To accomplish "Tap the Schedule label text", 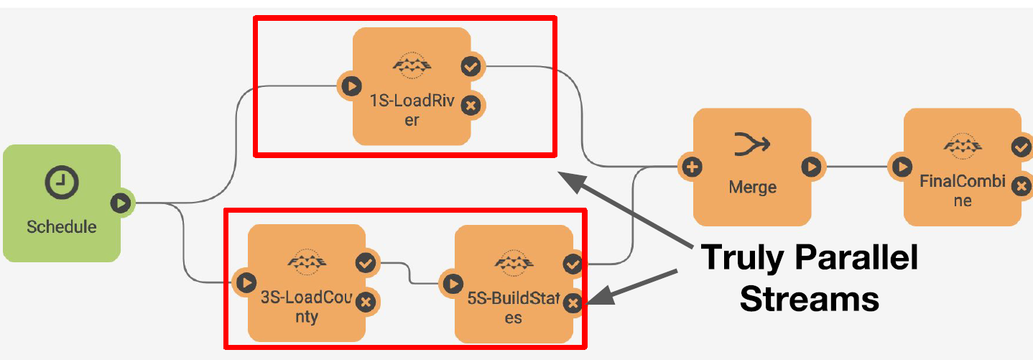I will point(61,227).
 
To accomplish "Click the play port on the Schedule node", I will point(121,203).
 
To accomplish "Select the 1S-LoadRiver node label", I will point(411,111).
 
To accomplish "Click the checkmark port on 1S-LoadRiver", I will point(471,67).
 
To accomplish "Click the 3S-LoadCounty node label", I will point(307,307).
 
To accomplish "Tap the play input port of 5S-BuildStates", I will point(453,283).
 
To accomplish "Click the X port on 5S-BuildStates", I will point(573,303).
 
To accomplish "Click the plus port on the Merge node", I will point(692,167).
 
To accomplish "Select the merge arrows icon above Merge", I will point(752,145).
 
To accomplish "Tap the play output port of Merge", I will point(812,167).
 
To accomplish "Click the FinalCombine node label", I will point(963,190).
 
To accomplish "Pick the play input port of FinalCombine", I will point(902,167).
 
